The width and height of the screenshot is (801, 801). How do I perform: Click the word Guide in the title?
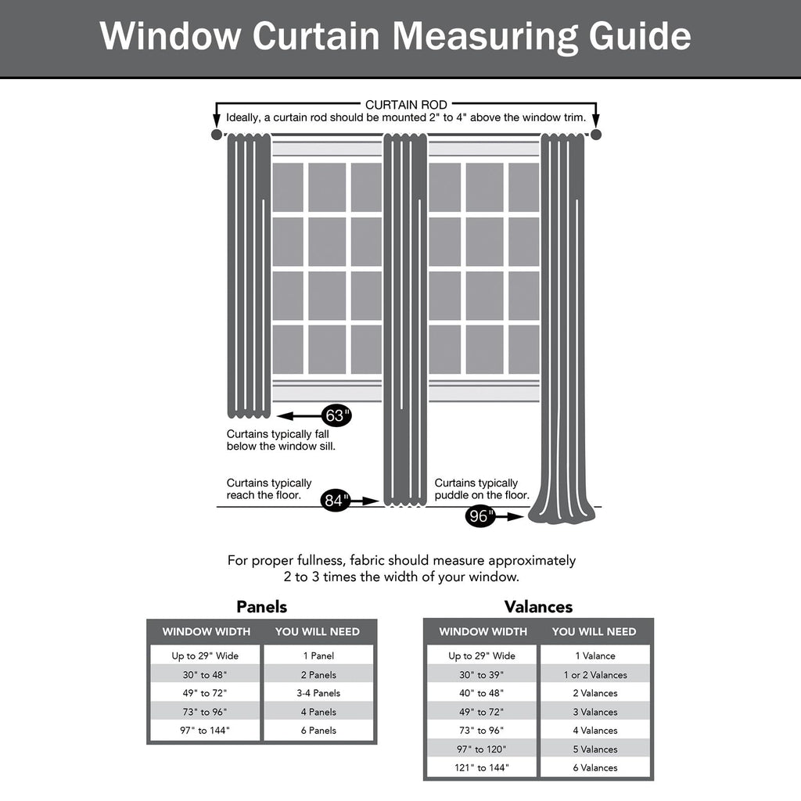640,36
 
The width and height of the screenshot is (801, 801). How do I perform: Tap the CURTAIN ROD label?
406,105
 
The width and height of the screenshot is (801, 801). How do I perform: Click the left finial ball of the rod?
217,135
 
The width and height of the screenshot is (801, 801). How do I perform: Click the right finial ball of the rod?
595,135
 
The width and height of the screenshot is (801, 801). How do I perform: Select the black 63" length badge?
336,416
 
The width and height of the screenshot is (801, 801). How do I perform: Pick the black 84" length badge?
336,500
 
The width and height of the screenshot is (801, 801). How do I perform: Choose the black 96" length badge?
480,516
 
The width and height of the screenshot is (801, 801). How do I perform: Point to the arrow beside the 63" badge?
298,416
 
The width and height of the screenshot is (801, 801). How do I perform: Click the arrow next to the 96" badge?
509,516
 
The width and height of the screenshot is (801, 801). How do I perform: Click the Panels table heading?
261,607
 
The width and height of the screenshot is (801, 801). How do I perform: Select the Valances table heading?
538,607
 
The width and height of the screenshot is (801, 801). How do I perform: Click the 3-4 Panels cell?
318,693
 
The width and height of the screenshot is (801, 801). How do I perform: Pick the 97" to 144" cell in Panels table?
205,731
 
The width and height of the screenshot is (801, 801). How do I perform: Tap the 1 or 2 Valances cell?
595,675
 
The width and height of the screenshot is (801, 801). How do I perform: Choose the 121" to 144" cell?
482,768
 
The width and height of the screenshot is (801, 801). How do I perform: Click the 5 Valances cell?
595,749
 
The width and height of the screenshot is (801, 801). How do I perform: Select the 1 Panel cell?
318,656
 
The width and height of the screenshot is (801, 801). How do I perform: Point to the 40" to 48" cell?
482,693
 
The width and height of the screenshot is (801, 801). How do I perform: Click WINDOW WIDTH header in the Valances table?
483,632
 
